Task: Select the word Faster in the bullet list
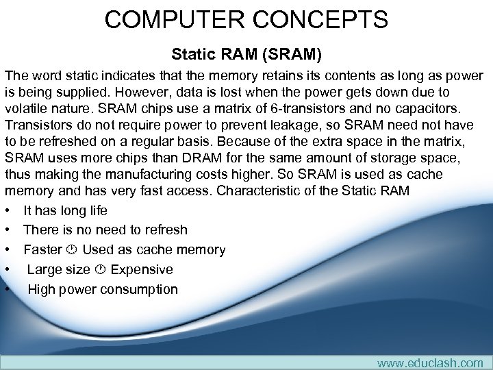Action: pos(42,249)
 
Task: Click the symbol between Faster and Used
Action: pos(72,250)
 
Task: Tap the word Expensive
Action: pos(142,269)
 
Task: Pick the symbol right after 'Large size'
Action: pos(100,270)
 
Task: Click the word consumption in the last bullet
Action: pos(139,289)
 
